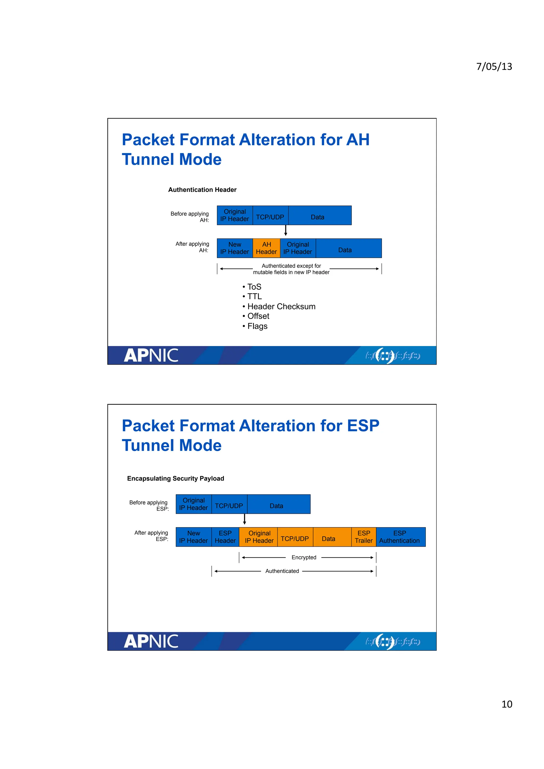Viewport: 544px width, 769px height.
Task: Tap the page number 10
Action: pos(507,704)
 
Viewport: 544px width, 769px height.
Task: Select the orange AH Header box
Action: pos(266,248)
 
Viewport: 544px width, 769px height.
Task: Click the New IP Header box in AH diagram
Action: pos(235,248)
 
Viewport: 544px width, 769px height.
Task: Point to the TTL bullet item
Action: pos(254,296)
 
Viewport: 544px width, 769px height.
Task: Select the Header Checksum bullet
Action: pos(281,306)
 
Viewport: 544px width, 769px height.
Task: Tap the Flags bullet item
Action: pos(257,326)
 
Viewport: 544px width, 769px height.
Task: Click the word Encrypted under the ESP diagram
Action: pos(304,557)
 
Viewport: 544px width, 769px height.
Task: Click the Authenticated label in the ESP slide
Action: pos(282,571)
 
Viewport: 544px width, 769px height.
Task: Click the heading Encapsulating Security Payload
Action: pos(175,479)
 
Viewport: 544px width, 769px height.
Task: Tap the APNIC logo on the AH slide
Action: pos(151,355)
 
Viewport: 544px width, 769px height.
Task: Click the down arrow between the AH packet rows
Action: pos(286,230)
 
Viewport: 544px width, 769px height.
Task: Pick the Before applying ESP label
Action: pos(149,506)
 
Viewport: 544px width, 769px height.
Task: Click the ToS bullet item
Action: pos(254,287)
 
